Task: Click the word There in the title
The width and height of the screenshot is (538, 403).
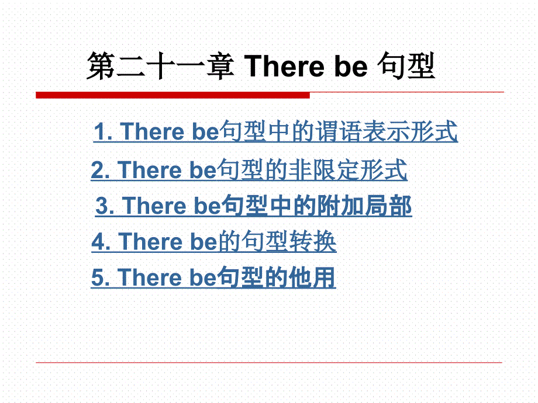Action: click(284, 66)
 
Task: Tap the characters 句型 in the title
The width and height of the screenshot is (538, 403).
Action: click(406, 66)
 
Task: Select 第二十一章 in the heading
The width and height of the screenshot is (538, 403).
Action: click(161, 66)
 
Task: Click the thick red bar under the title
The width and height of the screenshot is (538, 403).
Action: click(173, 95)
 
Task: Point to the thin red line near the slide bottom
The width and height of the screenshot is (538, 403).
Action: click(269, 362)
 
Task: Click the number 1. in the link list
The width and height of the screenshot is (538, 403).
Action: click(104, 131)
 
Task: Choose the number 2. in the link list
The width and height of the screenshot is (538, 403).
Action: click(101, 170)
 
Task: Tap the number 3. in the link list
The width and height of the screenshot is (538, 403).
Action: click(105, 206)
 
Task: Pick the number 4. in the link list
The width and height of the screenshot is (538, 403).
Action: click(101, 242)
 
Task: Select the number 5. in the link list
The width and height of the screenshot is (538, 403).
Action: click(101, 277)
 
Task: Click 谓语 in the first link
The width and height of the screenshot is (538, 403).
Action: click(338, 131)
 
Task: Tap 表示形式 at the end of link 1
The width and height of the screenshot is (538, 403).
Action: click(410, 131)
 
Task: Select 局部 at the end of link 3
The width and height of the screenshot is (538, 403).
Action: click(388, 206)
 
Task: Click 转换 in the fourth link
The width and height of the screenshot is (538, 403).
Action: click(313, 241)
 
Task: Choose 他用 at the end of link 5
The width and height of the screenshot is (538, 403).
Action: click(312, 277)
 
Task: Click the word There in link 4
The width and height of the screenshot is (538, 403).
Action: click(150, 242)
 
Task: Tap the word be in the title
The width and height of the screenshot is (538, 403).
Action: click(351, 66)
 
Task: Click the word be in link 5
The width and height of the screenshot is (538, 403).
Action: click(203, 277)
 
